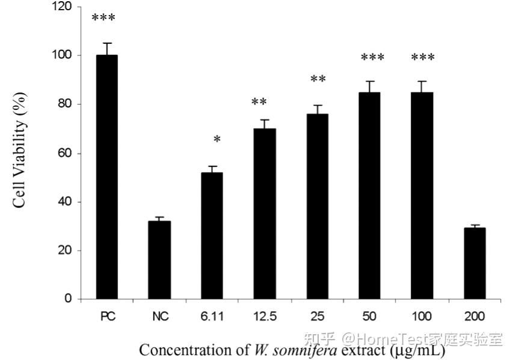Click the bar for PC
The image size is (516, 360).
point(106,177)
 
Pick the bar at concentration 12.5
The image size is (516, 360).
point(265,213)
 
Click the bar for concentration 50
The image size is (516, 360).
point(370,195)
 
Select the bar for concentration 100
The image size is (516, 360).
point(422,195)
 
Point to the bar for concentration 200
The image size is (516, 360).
point(475,263)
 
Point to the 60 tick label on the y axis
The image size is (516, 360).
point(66,153)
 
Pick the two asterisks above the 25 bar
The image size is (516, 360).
point(318,80)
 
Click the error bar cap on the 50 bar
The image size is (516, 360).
point(370,81)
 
